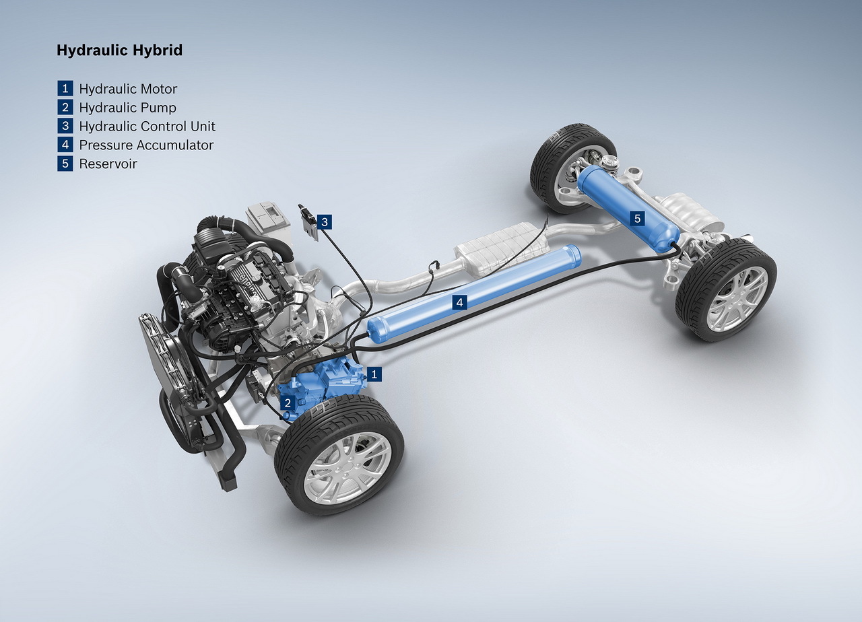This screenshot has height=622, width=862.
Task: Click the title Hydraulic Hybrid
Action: [x=119, y=50]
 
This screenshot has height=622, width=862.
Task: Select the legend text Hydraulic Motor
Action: [x=128, y=89]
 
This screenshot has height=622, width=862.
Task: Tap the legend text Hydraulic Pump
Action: [x=127, y=108]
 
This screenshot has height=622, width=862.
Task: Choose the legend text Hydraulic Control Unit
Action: [x=147, y=127]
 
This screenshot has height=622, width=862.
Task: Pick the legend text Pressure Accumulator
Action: [x=146, y=145]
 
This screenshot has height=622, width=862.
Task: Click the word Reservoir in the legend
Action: [x=108, y=164]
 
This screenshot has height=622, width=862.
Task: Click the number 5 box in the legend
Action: [x=65, y=164]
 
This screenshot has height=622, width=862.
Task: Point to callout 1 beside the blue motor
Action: [x=375, y=373]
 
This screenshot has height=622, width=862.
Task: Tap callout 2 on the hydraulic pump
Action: [x=288, y=403]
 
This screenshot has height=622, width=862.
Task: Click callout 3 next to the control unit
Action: [x=325, y=221]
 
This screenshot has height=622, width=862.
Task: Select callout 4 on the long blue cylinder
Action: [x=460, y=303]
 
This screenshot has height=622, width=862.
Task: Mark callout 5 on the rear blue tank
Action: [x=637, y=218]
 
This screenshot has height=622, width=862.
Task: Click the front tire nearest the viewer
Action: [x=339, y=454]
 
